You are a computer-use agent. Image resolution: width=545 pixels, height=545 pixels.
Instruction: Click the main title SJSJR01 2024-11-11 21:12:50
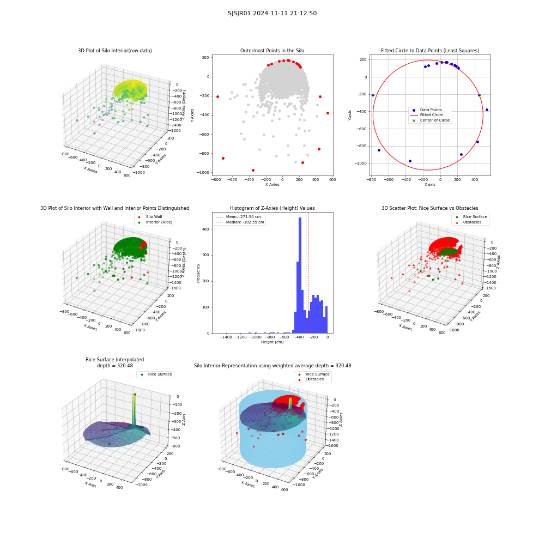click(272, 13)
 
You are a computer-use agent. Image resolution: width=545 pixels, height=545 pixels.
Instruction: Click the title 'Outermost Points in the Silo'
click(272, 50)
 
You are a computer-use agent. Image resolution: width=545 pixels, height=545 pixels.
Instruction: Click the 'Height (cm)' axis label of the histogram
click(272, 342)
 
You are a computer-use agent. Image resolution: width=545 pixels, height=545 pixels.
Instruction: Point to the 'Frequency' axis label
click(198, 273)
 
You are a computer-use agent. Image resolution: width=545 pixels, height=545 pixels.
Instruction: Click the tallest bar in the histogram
click(300, 275)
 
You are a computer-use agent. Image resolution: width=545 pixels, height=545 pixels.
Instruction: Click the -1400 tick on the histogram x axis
click(226, 337)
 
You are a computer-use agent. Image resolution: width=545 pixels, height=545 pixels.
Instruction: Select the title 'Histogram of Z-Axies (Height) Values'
click(272, 208)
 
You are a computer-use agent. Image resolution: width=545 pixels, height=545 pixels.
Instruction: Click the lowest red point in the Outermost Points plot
click(253, 170)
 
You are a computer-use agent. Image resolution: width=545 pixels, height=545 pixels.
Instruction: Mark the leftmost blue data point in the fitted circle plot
click(373, 95)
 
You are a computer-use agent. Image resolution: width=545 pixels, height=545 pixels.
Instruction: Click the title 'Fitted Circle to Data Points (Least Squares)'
click(430, 50)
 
